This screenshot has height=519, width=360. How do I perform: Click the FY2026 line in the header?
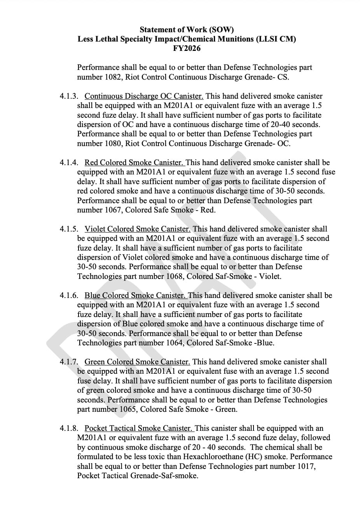point(187,49)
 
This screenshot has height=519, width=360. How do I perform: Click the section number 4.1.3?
point(69,96)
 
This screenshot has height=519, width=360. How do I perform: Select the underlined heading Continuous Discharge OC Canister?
point(144,96)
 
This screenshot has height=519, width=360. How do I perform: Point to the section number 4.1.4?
point(69,163)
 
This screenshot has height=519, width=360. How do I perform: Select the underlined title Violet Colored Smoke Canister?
point(138,229)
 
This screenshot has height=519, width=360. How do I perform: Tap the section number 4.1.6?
point(69,296)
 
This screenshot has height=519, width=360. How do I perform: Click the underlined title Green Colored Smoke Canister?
point(137,362)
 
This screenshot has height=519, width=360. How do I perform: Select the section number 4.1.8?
point(69,428)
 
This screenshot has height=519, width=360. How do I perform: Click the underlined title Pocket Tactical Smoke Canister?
point(139,428)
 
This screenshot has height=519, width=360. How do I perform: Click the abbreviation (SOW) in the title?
point(222,30)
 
